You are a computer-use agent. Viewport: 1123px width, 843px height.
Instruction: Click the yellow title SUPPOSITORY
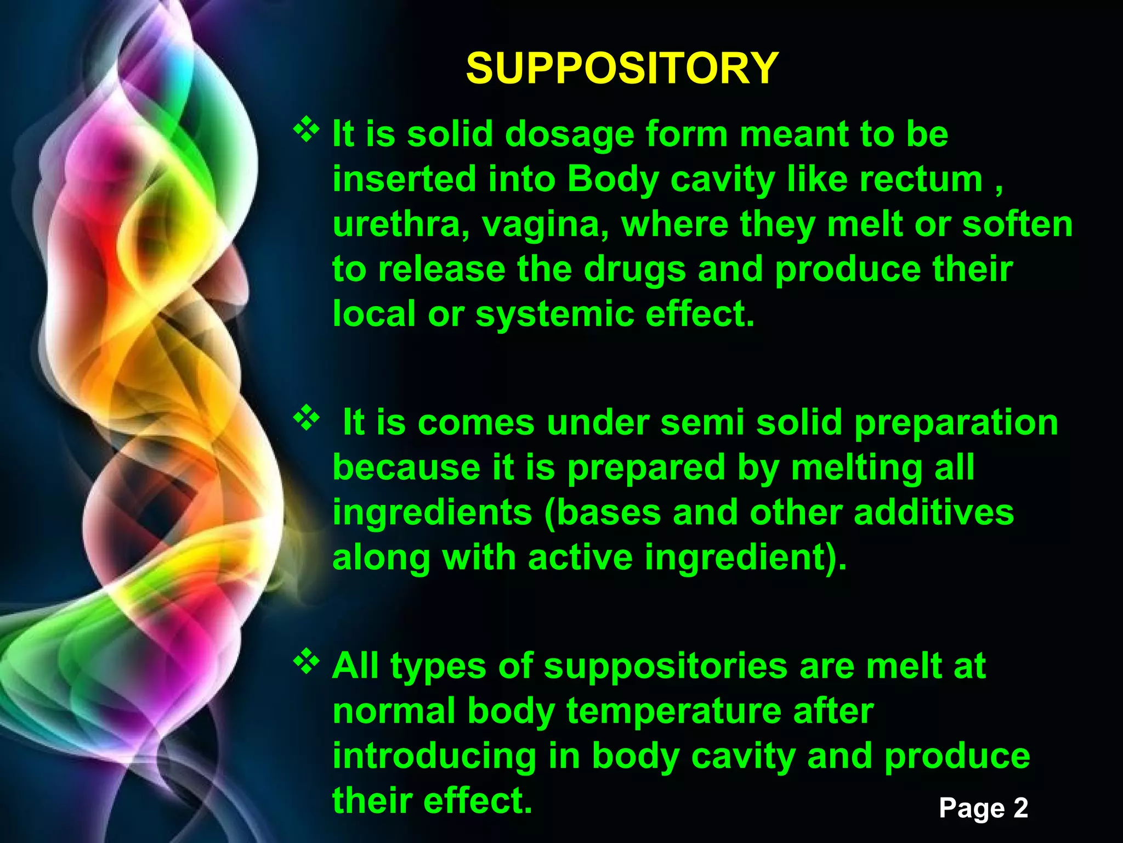tap(622, 69)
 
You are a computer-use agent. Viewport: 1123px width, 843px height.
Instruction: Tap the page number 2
tap(1020, 808)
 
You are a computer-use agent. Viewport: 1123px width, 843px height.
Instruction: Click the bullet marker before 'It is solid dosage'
tap(307, 131)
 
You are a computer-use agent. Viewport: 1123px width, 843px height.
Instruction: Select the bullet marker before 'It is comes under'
tap(307, 418)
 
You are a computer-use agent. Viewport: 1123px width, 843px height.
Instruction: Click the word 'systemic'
tap(554, 315)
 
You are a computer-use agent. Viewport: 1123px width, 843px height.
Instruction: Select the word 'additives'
tap(934, 513)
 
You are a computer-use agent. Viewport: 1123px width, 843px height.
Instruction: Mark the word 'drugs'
tap(634, 271)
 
